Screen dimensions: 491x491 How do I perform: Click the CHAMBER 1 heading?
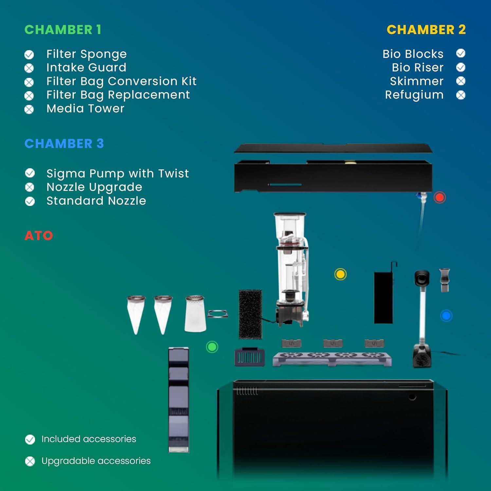(63, 30)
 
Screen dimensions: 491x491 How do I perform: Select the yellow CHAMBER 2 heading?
(426, 30)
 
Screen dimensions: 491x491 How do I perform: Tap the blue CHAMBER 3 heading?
(64, 143)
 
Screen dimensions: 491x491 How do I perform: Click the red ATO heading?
(39, 236)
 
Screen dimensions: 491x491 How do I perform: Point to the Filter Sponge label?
(86, 54)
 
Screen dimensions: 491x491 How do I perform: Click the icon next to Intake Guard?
(29, 68)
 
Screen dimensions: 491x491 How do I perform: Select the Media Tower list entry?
(85, 108)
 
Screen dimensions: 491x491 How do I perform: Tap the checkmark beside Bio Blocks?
(461, 53)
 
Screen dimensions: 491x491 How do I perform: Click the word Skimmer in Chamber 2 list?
(417, 81)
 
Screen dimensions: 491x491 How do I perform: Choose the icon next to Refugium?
(461, 95)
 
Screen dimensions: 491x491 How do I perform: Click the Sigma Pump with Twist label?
(118, 173)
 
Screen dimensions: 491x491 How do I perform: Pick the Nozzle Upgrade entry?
(94, 187)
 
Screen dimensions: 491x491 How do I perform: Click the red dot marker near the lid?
(440, 197)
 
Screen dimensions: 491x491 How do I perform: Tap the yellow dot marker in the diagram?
(340, 274)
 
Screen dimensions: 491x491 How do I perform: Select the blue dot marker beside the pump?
(446, 316)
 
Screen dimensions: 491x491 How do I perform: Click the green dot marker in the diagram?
(212, 347)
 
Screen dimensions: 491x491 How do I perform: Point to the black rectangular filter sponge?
(250, 314)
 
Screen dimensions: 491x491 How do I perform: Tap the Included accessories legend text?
(89, 439)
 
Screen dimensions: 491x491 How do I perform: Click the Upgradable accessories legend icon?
(30, 461)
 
